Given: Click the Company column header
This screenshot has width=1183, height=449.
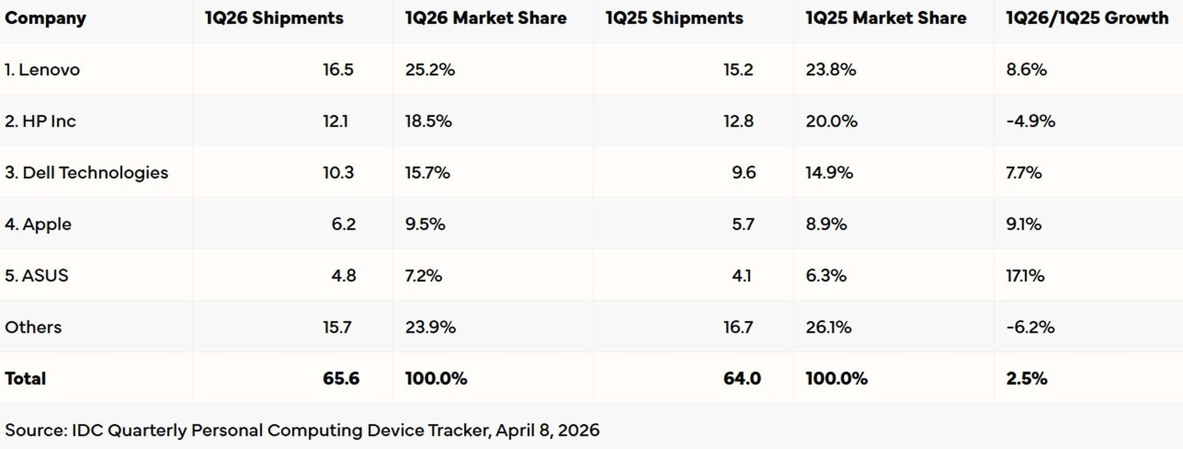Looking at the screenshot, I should click(x=45, y=19).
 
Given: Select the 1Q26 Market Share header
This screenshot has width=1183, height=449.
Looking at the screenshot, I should click(x=486, y=19).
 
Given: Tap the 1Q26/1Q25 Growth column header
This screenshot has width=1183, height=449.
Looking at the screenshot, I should click(x=1087, y=19).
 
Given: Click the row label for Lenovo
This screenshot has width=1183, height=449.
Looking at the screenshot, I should click(x=42, y=70).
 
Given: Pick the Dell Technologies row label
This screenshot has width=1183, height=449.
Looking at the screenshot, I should click(x=86, y=173).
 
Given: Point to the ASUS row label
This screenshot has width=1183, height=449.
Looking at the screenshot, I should click(x=36, y=276).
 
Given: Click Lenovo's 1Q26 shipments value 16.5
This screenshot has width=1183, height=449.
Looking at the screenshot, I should click(x=338, y=70).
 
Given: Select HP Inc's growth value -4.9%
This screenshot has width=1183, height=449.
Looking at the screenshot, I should click(x=1030, y=122).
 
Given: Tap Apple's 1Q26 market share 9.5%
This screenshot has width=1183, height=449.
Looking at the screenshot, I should click(x=425, y=224).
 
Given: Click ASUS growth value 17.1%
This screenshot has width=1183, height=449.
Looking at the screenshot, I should click(x=1025, y=276).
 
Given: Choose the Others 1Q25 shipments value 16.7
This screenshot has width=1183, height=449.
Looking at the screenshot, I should click(x=738, y=327).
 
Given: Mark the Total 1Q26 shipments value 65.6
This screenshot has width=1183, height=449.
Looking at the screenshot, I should click(x=341, y=379).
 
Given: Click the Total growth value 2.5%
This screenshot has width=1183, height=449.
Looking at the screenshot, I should click(x=1026, y=379).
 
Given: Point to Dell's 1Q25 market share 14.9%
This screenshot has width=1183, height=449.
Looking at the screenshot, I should click(x=829, y=173).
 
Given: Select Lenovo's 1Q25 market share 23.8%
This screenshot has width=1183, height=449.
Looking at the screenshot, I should click(x=831, y=70).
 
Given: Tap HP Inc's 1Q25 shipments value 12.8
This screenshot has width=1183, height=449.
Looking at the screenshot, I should click(x=738, y=122).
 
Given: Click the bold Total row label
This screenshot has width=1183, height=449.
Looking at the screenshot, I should click(x=25, y=379).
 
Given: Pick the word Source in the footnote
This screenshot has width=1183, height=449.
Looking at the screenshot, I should click(x=35, y=430).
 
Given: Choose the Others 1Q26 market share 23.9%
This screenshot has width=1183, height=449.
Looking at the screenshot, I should click(x=430, y=327).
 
